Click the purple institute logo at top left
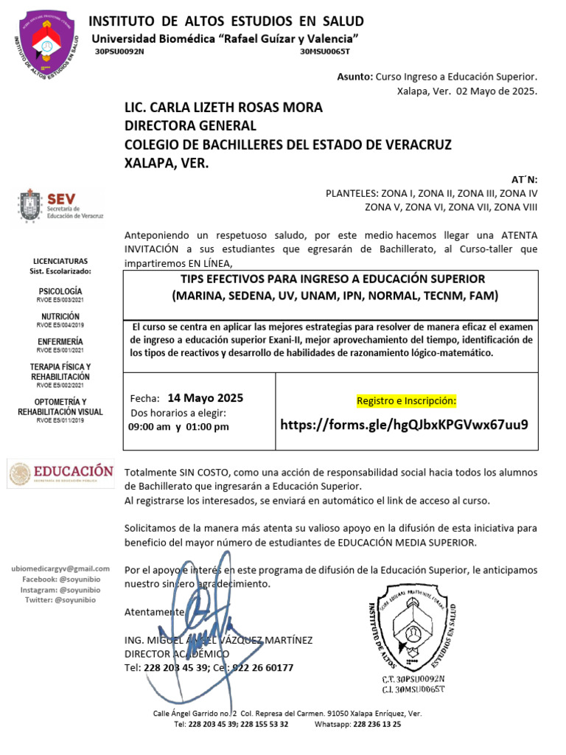coord(47,44)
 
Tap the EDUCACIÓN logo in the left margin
coord(61,473)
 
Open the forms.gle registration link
coord(404,425)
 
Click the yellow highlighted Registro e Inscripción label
coord(406,400)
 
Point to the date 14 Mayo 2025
coord(205,398)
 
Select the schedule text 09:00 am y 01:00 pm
coord(178,426)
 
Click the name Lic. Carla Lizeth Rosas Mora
coord(223,108)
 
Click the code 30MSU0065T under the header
coord(325,52)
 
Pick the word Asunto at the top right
coord(354,77)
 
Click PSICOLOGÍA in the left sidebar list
coord(60,291)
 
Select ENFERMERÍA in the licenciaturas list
coord(60,341)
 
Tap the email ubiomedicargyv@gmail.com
coord(60,568)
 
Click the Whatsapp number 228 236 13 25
coord(377,724)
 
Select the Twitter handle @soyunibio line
coord(60,600)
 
